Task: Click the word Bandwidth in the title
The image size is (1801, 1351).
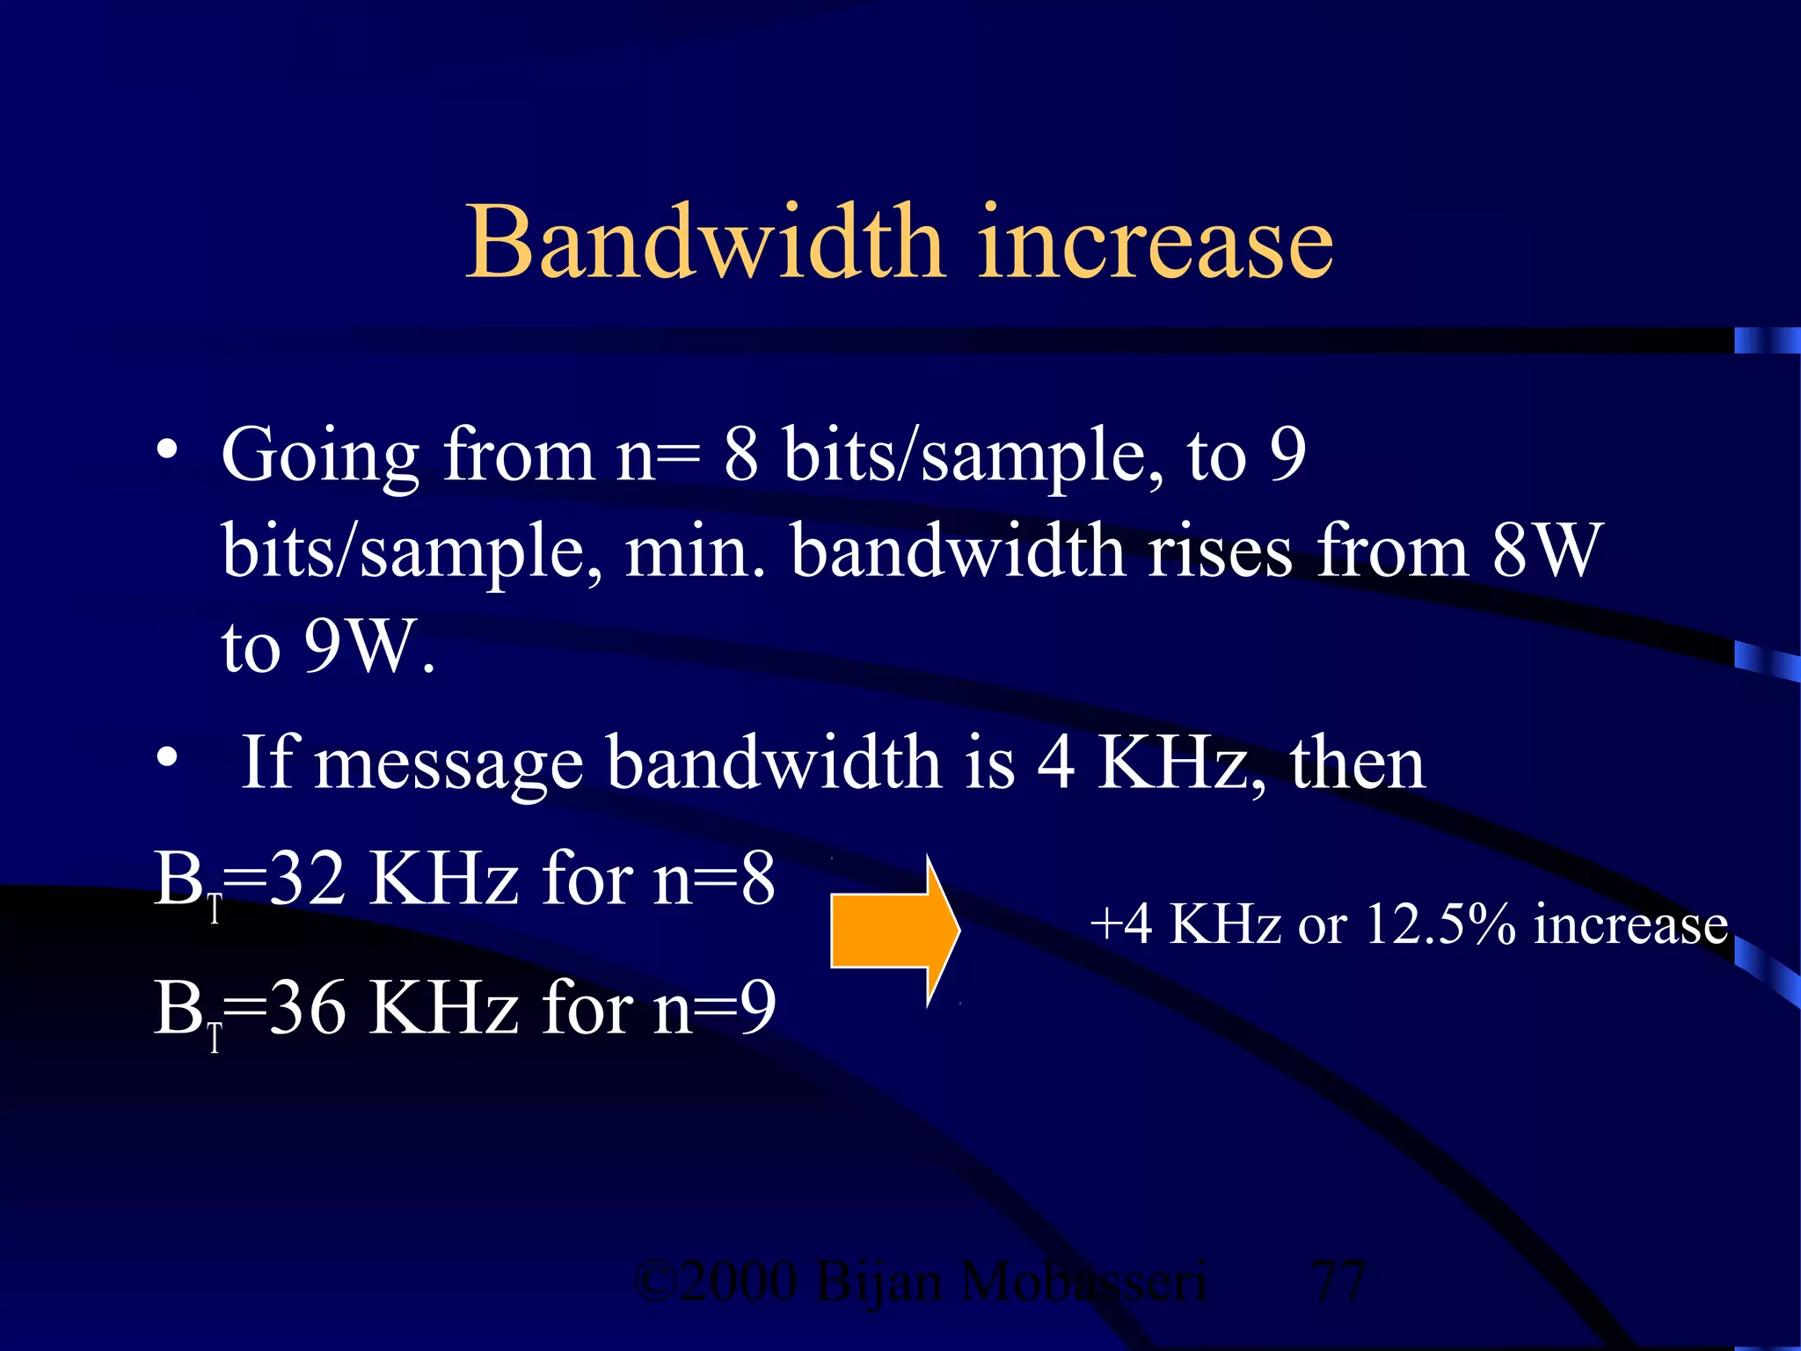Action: point(704,241)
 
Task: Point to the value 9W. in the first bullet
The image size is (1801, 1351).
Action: point(369,646)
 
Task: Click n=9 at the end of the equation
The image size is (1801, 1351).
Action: point(713,1008)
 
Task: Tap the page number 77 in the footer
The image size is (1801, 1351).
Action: point(1338,1282)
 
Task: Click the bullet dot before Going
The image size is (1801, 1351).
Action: point(168,450)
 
